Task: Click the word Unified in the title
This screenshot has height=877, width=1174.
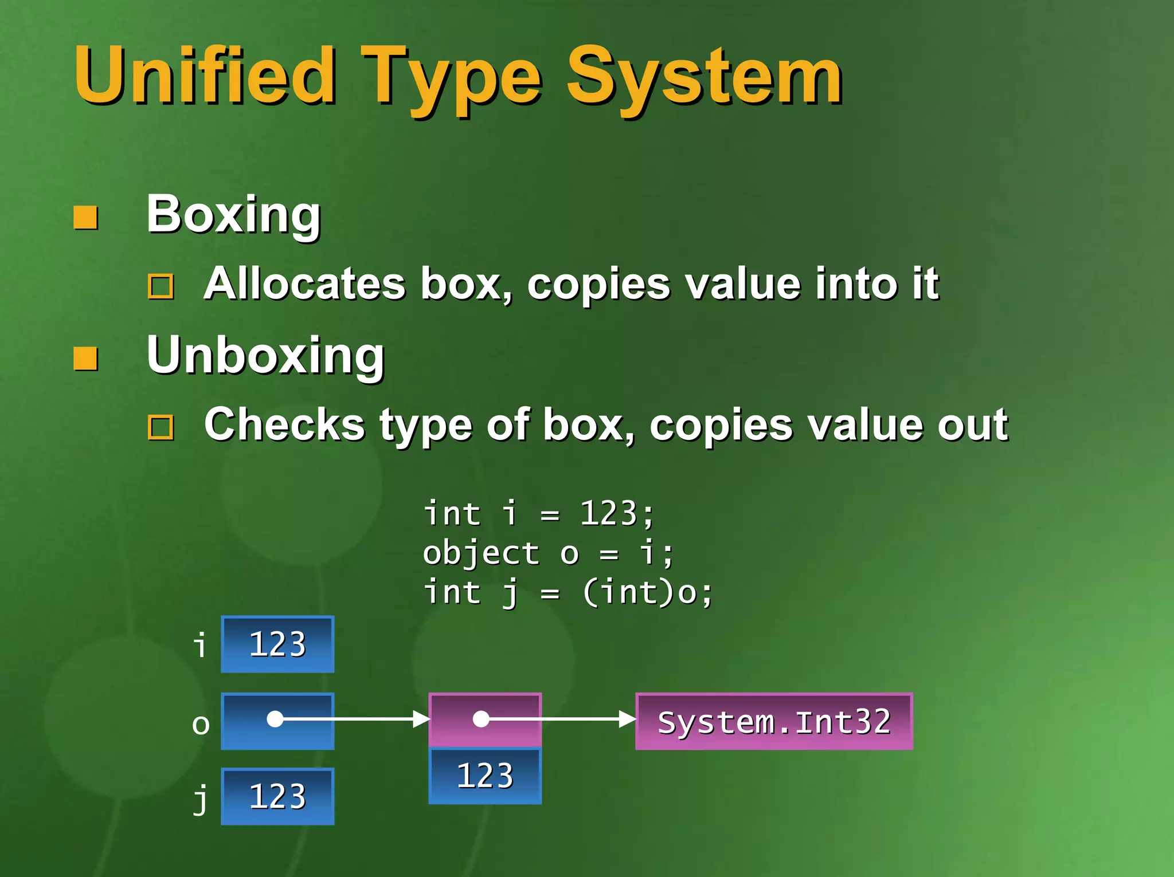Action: pos(204,76)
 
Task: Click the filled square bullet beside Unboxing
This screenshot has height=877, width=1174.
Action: pos(86,359)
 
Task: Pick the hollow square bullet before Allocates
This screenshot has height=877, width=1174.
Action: pos(161,286)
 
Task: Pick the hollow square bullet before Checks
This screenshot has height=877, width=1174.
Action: pos(161,427)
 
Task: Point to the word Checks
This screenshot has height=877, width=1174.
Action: pos(284,425)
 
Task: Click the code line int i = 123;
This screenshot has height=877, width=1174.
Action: pos(538,513)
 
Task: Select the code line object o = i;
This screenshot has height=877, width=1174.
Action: pos(548,553)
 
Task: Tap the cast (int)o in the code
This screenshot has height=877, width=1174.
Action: pos(648,592)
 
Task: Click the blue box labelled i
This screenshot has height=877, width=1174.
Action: pos(277,644)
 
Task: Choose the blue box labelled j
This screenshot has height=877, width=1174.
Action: pos(277,796)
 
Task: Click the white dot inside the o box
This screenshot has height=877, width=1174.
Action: pos(275,719)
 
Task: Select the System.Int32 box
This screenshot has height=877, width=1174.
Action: pos(774,722)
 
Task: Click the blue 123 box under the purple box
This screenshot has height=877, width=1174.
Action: pos(485,776)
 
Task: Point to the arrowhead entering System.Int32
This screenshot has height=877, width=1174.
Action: pos(628,719)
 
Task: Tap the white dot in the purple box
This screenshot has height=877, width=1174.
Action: pos(481,719)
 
